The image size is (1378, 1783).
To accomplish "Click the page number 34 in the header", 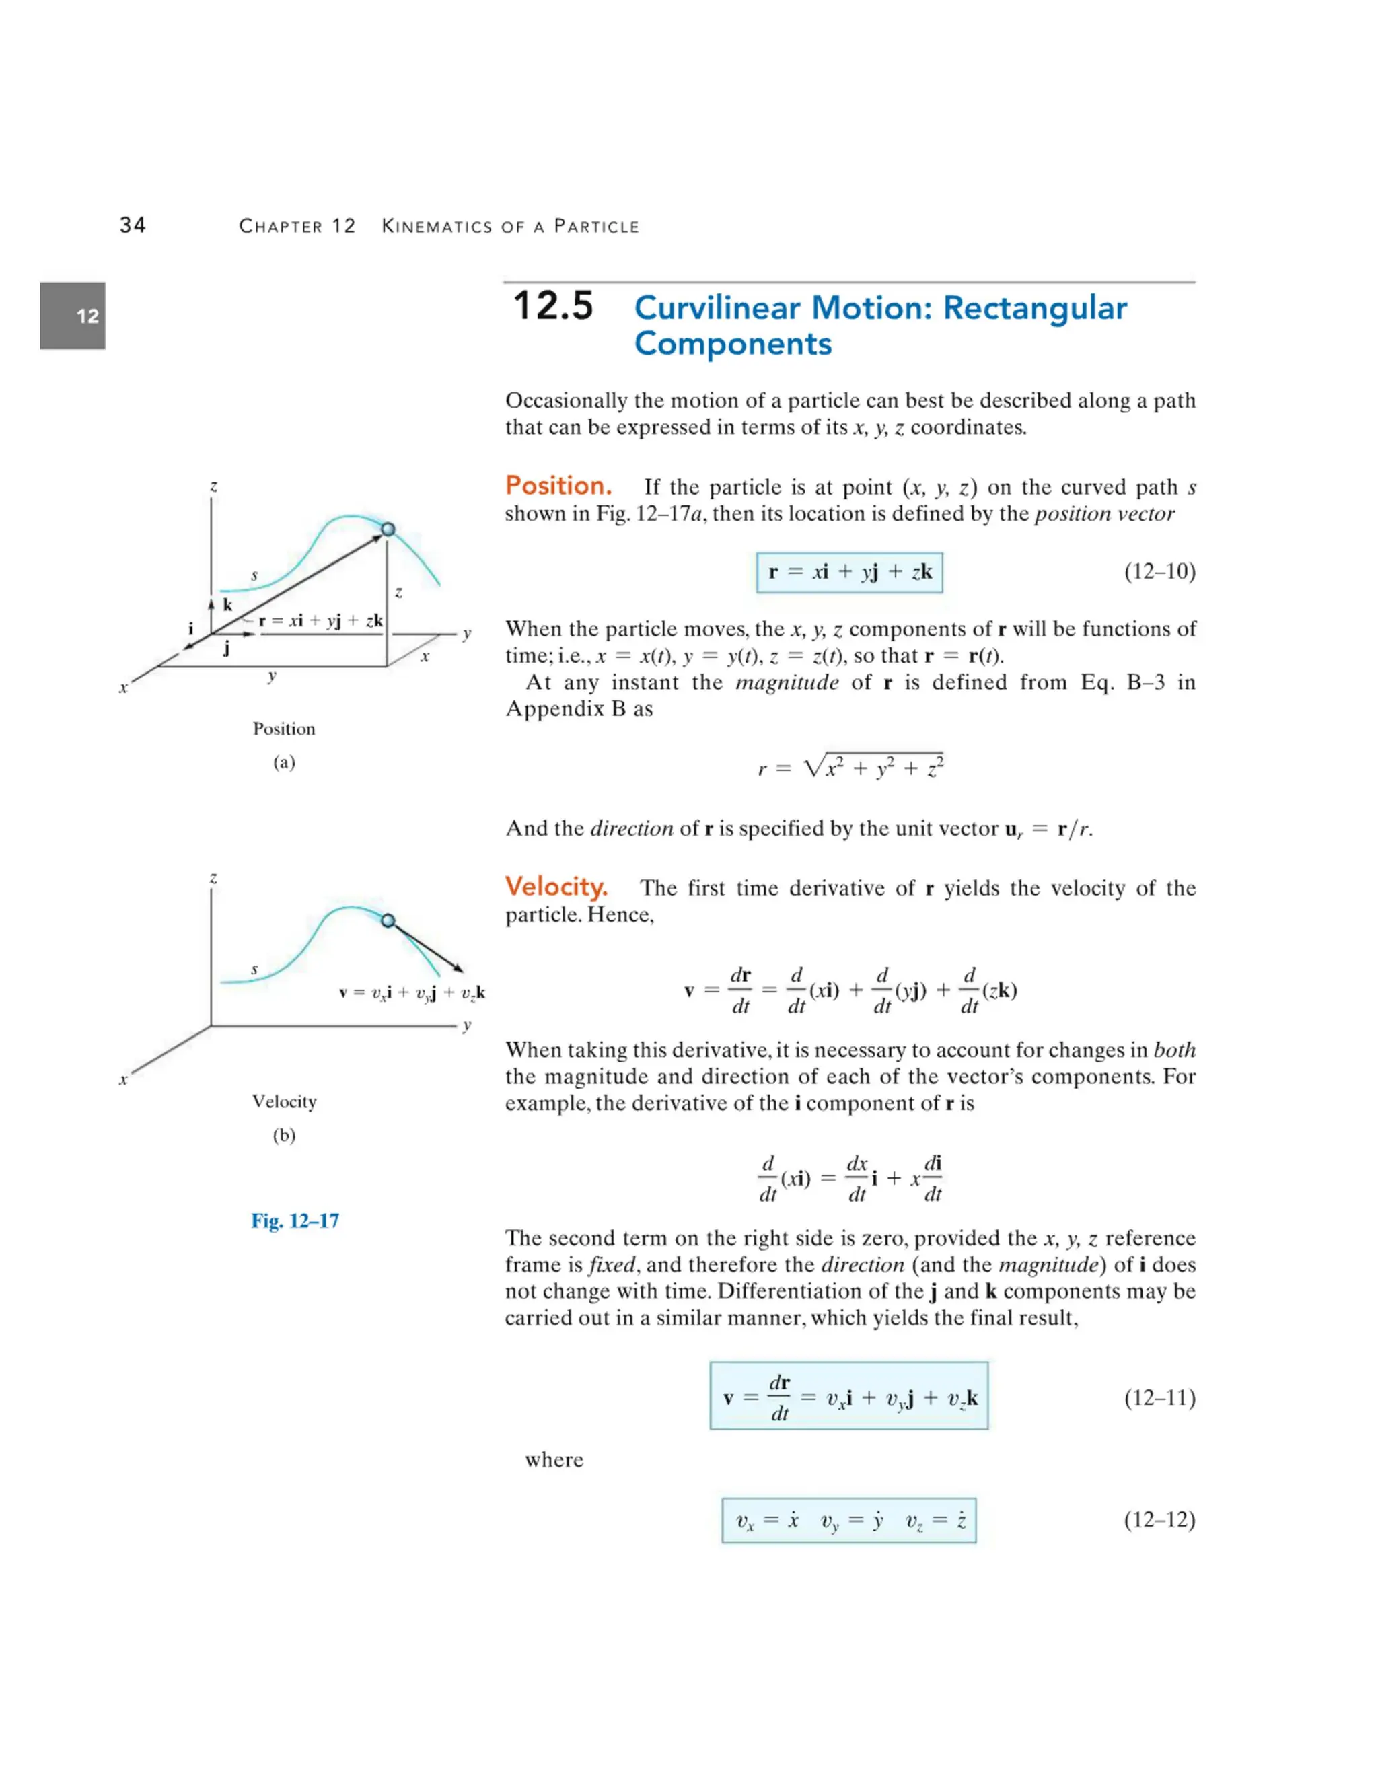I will pos(133,225).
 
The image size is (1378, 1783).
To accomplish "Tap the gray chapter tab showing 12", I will pos(73,316).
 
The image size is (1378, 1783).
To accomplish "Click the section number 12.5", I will pos(552,307).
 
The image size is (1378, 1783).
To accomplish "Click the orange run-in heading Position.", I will pos(558,486).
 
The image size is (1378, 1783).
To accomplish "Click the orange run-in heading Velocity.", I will pos(556,887).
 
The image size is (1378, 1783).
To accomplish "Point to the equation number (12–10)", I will pos(1159,571).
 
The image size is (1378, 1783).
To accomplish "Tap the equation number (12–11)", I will pos(1159,1397).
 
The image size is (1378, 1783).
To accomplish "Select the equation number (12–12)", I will pos(1159,1519).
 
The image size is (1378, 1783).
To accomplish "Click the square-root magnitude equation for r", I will pos(850,766).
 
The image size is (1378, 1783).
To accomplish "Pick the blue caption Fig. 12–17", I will pos(295,1221).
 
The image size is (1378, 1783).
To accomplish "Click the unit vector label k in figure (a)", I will pos(228,605).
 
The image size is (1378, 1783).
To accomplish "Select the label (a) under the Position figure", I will pos(284,762).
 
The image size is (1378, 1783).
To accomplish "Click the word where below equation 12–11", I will pos(554,1460).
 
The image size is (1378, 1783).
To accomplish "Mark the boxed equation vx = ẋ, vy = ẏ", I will pos(849,1520).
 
